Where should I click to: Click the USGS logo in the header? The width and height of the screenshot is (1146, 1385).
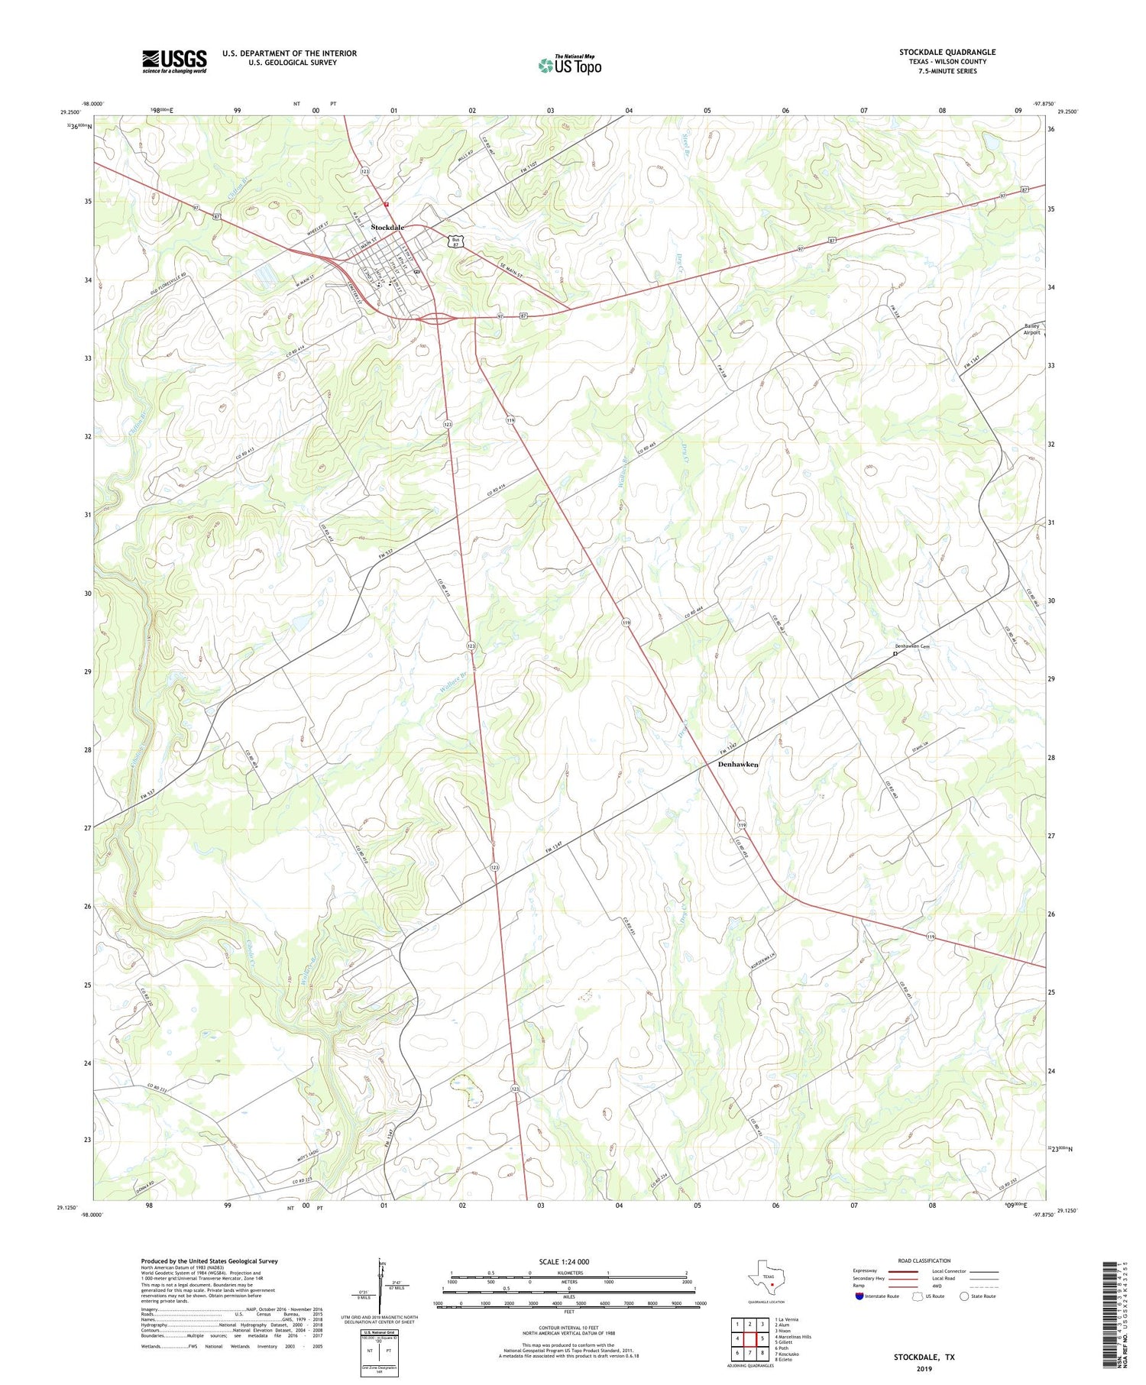click(174, 61)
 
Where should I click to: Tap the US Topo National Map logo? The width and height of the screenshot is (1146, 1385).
click(570, 65)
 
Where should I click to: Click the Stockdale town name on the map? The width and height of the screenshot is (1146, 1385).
click(387, 228)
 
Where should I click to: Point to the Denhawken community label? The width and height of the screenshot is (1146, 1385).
click(738, 764)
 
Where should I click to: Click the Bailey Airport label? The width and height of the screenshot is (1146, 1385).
click(1032, 329)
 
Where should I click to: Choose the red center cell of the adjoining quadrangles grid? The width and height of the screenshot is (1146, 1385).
click(749, 1338)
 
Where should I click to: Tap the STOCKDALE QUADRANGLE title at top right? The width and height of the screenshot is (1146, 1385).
click(947, 52)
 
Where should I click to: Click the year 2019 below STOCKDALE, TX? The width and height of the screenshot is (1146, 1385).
click(924, 1369)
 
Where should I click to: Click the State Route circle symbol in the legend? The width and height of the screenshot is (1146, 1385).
click(965, 1296)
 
